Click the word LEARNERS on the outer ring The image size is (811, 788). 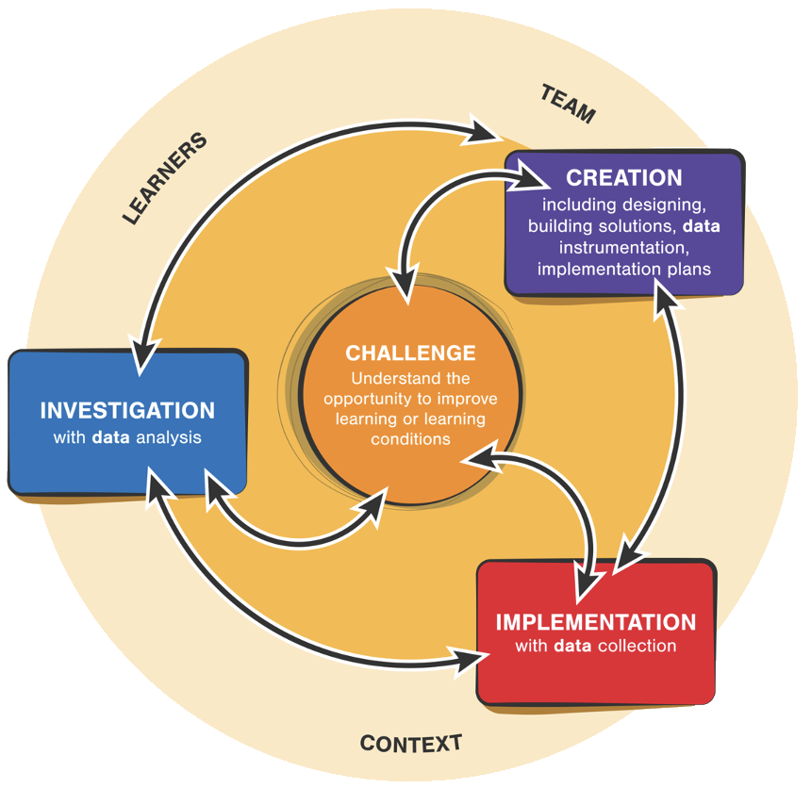164,179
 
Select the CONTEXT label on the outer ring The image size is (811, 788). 411,743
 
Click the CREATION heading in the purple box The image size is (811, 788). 623,178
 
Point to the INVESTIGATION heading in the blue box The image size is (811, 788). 127,411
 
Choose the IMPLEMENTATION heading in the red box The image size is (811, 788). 596,622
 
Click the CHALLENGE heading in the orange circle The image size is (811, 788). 410,353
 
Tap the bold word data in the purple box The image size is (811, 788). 701,227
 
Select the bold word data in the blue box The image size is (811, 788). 110,437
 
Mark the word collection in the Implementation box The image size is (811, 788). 636,647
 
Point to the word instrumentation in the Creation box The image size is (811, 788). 623,248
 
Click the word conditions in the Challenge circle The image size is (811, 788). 410,438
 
